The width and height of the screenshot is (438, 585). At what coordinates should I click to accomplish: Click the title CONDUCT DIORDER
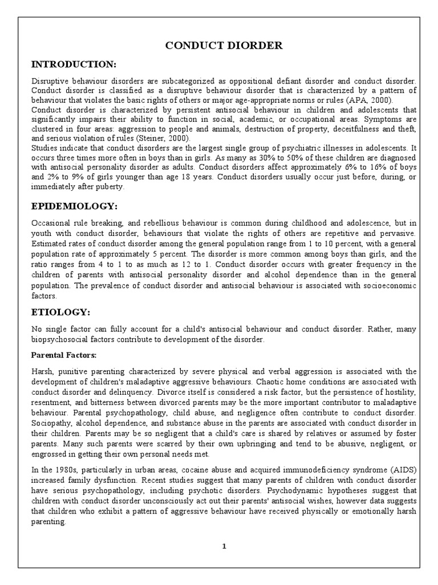224,45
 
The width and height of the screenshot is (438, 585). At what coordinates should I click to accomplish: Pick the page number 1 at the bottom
224,546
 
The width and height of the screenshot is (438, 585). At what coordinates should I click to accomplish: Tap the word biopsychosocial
59,339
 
